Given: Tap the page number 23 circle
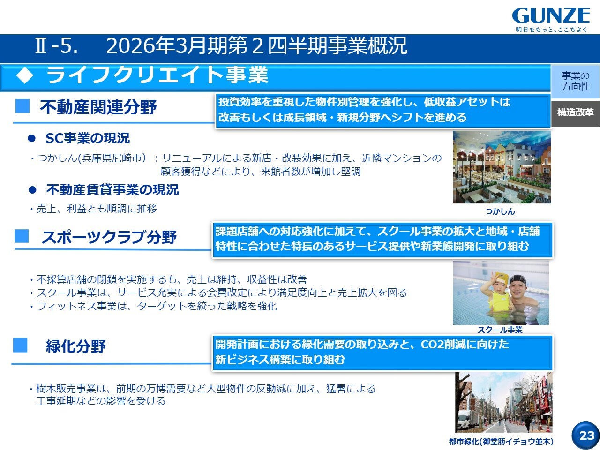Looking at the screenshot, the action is pos(586,435).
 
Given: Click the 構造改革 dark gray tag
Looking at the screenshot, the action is pos(576,113).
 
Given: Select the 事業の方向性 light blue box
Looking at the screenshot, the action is pos(576,81).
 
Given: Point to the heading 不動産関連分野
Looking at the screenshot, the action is pos(98,107).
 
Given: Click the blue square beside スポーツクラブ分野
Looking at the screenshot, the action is pos(22,236).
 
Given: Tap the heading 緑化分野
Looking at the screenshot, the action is pos(76,346).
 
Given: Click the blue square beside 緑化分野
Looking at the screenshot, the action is pos(20,345).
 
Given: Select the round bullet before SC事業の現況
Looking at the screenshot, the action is pos(32,139).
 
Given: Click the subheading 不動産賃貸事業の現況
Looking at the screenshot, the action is pos(112,189).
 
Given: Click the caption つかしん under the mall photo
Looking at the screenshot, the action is pos(500,211).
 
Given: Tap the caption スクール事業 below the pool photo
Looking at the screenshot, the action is pos(500,330).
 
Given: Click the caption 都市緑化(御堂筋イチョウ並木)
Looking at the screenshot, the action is pos(501,441).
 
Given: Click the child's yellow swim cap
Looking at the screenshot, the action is pos(501,279).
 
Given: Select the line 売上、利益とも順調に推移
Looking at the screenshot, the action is pos(97,209).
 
